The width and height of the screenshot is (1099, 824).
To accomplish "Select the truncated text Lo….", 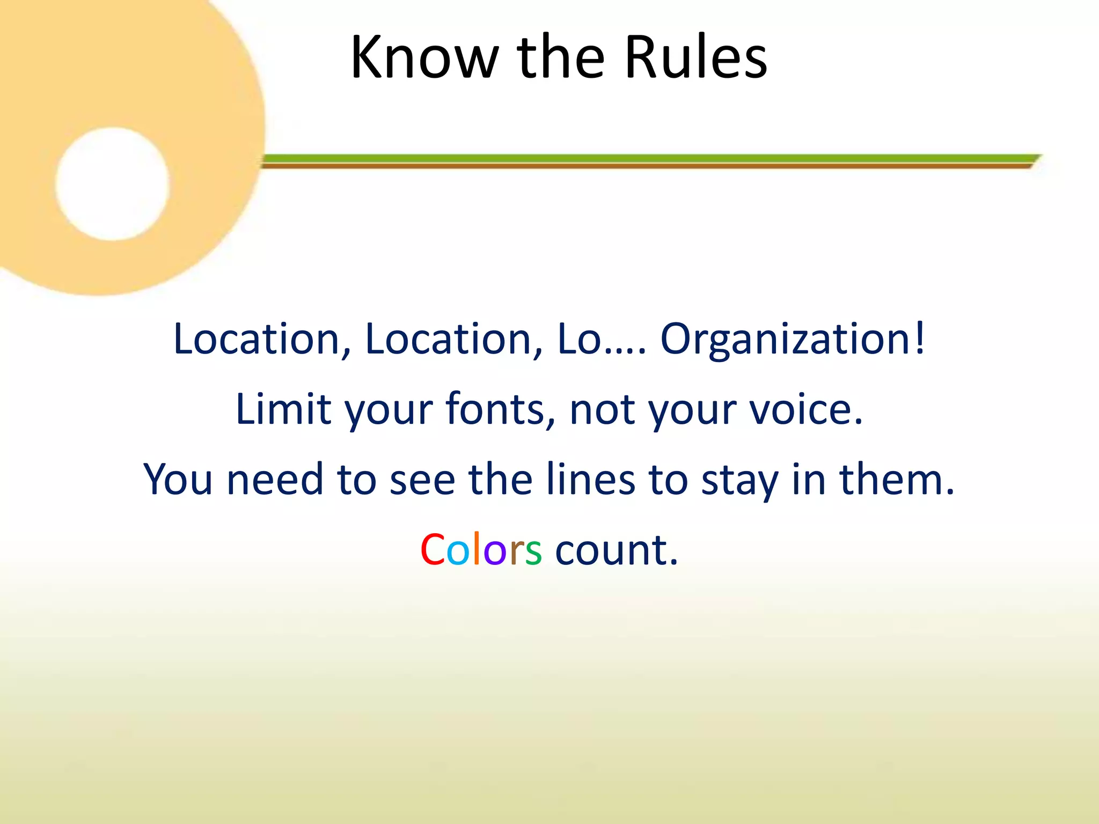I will [x=602, y=340].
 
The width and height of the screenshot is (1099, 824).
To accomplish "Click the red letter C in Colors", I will [x=433, y=550].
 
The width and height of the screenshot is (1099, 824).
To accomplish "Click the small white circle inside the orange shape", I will [x=112, y=184].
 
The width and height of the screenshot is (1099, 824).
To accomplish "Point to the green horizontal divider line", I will [x=644, y=158].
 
